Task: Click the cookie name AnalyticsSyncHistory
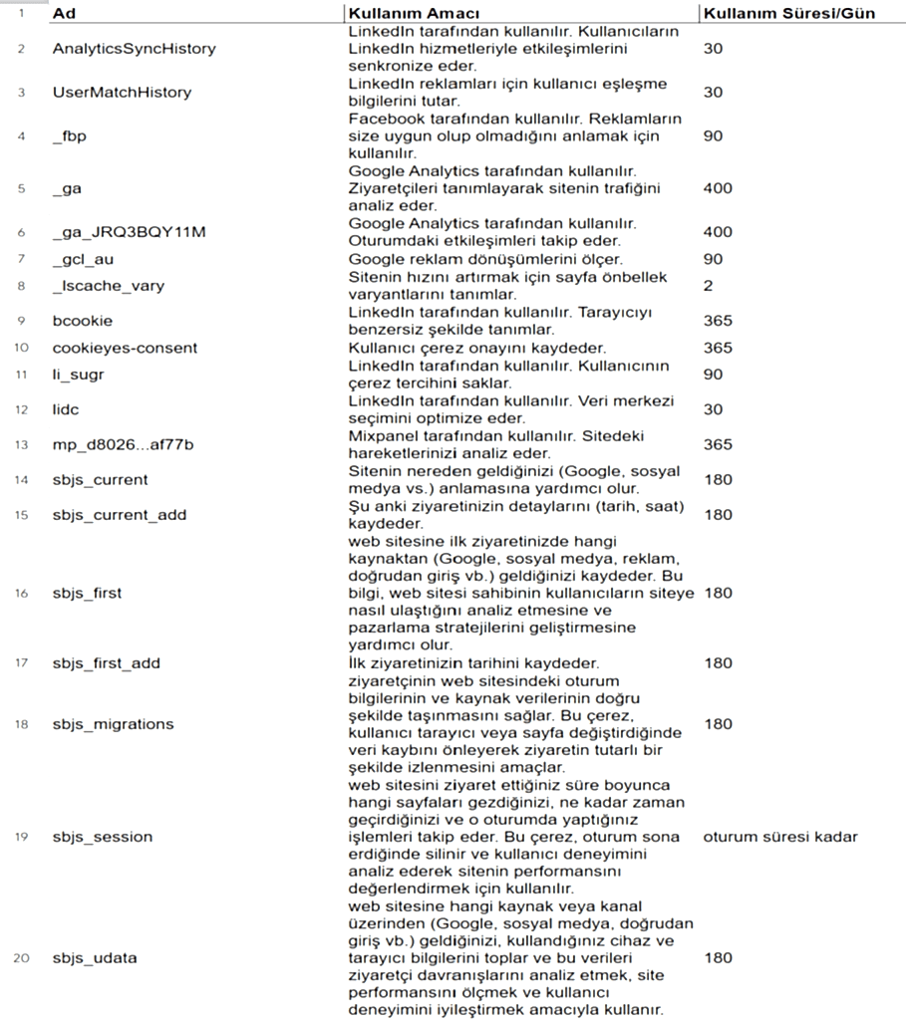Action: [134, 48]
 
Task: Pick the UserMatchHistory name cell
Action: [122, 92]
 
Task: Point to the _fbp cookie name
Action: [70, 135]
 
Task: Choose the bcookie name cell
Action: [83, 321]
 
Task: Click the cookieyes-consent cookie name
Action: [125, 348]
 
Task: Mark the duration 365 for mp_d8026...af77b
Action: [717, 444]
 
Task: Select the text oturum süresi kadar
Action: [779, 836]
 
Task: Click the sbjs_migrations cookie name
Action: [113, 724]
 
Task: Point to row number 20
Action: [21, 958]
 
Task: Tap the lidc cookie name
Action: [67, 409]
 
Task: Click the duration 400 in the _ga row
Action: [717, 188]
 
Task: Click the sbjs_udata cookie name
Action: [95, 958]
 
